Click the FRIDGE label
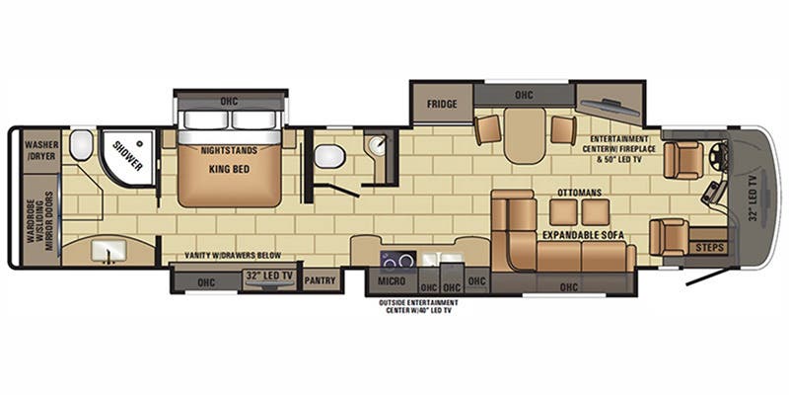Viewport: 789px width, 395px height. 442,105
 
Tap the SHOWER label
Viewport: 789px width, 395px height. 127,155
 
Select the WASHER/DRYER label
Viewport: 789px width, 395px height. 41,150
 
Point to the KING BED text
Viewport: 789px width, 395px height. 230,169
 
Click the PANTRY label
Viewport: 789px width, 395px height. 320,280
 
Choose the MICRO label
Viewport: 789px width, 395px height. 392,281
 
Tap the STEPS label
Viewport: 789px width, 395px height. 709,248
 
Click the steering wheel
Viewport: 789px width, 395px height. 721,153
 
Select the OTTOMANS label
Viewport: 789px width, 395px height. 579,193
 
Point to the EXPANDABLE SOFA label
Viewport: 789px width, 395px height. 583,235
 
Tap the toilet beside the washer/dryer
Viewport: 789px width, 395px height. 81,145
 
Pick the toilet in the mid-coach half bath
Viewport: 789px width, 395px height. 329,156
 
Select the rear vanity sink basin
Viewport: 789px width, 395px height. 108,251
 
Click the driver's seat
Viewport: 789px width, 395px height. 682,160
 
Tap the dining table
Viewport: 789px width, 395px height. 525,134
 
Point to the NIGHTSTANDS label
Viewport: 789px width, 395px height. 229,150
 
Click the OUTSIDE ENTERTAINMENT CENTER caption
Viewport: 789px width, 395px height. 418,306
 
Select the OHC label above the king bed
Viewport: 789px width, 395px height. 229,102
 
